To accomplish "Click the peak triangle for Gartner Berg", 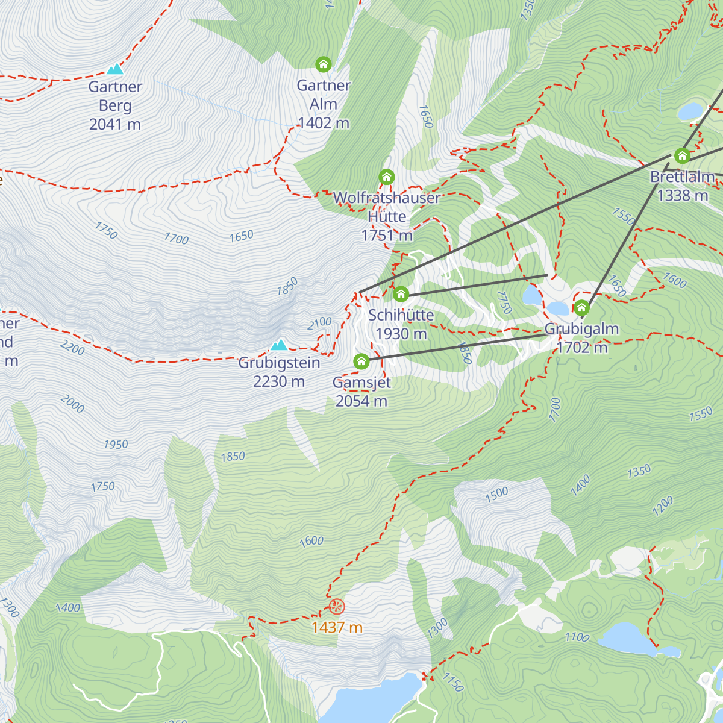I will [x=115, y=69].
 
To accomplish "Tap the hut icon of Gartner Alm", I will [x=324, y=64].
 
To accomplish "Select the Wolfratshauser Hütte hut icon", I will [x=387, y=177].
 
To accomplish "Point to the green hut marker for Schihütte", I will [x=401, y=295].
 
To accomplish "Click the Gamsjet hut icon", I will [x=361, y=361].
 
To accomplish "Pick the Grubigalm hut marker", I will [x=581, y=308].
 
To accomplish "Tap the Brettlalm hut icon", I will [x=682, y=156].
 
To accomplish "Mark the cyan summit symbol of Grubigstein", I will [x=278, y=345].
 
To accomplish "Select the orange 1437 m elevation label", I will [x=337, y=628].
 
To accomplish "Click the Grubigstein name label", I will [x=279, y=363].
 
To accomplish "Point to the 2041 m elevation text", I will [x=115, y=125].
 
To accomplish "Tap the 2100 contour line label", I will [x=319, y=323].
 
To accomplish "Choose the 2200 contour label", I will [x=73, y=347].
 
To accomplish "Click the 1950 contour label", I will [x=116, y=445].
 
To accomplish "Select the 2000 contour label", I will [x=72, y=404].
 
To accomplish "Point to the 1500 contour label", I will [x=497, y=495].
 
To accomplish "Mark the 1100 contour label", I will [x=577, y=637].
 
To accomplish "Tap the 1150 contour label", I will [x=453, y=682].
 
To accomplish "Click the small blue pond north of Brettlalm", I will [x=690, y=111].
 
